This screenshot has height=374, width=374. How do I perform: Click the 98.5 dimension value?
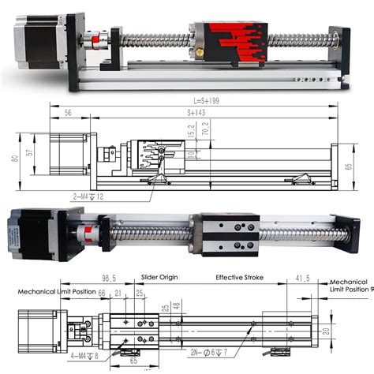tap(109, 279)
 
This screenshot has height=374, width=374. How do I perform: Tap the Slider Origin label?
tap(158, 278)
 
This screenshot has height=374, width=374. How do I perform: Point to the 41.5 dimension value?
tap(302, 279)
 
